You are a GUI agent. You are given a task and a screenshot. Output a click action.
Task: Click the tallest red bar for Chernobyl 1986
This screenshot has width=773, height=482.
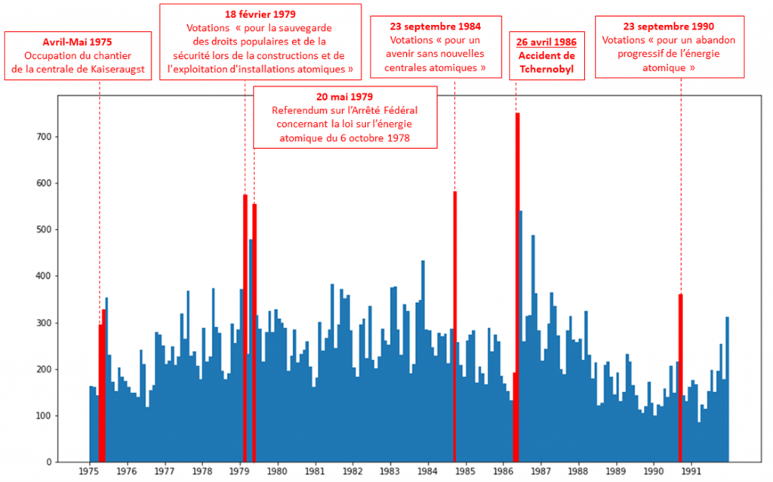coord(518,287)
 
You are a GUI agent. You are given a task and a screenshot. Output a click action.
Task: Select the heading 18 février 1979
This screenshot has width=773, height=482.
coord(260,14)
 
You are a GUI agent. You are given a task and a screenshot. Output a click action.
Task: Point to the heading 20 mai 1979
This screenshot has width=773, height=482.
coord(345,97)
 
